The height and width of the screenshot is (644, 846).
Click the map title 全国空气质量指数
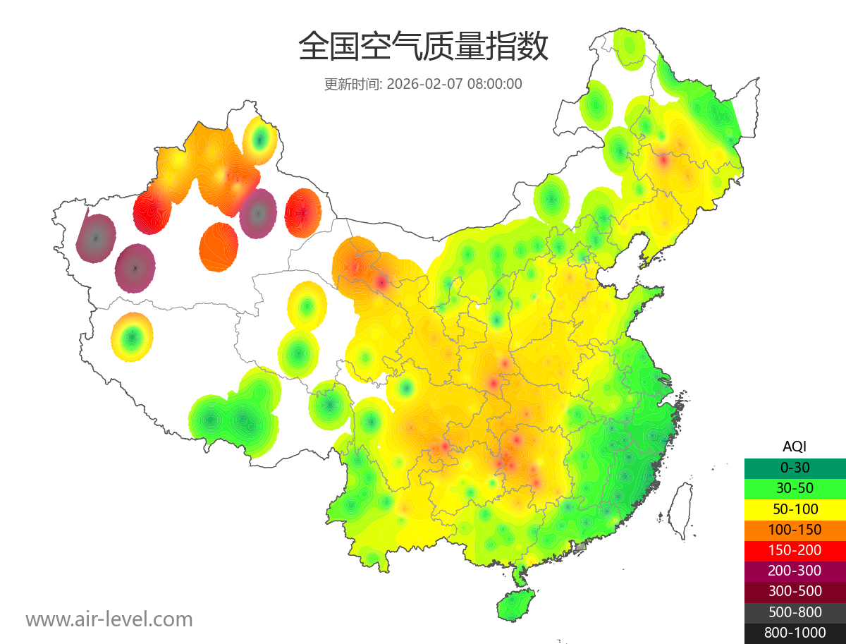click(423, 47)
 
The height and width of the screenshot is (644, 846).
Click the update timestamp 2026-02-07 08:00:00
click(455, 84)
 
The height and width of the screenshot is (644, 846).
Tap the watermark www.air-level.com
click(109, 619)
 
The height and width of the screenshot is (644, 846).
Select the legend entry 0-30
click(795, 467)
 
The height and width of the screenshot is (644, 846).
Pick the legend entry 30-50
click(795, 487)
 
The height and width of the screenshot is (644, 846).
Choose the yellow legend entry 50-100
click(795, 509)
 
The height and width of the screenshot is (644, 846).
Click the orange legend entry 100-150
click(795, 529)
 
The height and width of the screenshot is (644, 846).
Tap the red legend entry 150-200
click(795, 549)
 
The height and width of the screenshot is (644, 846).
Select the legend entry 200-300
click(795, 571)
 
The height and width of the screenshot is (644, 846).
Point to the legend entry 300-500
click(795, 591)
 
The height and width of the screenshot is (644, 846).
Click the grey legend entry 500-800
click(795, 612)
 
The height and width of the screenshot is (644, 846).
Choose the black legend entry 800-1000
click(795, 633)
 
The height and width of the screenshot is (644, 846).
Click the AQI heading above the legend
click(795, 446)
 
